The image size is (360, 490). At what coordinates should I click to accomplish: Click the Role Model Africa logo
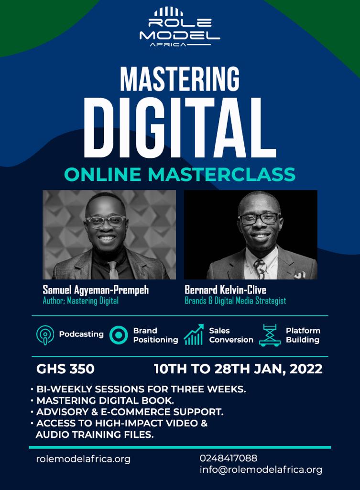(179, 27)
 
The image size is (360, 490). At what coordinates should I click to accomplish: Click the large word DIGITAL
(179, 125)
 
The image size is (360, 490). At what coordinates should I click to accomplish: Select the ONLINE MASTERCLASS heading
(179, 174)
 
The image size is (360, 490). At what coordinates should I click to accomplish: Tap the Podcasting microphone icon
(45, 335)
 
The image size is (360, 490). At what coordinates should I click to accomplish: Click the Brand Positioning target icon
(118, 335)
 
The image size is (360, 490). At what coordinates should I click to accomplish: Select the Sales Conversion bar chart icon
(194, 335)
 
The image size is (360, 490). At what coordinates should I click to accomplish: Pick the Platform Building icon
(269, 335)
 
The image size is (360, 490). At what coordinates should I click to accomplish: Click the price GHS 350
(65, 369)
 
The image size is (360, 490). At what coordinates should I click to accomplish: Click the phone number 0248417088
(228, 458)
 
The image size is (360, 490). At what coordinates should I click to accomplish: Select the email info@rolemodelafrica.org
(261, 470)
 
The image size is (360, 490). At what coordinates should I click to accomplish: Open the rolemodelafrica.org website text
(83, 459)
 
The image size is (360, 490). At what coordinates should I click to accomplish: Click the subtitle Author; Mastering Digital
(80, 301)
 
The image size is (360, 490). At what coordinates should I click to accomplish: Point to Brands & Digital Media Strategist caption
(235, 301)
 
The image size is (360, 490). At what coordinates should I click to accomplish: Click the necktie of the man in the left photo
(112, 270)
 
